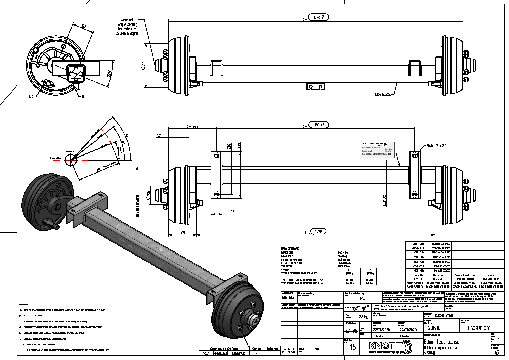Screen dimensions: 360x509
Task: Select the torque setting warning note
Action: [x=126, y=27]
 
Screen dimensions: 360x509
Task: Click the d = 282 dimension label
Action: [x=192, y=126]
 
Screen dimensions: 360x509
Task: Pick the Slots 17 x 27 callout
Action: [x=436, y=146]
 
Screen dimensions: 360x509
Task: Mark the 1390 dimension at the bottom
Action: [x=318, y=231]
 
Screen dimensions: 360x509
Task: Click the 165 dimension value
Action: [x=182, y=233]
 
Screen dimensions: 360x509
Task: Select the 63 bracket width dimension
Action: [x=232, y=212]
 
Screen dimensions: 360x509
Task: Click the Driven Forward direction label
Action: [x=137, y=206]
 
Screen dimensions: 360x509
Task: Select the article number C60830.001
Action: [x=479, y=328]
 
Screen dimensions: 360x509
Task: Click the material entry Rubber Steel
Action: [x=444, y=316]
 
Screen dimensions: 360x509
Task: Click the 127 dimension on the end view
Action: [x=84, y=27]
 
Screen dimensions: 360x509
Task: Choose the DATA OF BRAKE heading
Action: [x=290, y=249]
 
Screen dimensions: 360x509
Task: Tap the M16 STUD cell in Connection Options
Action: [x=238, y=354]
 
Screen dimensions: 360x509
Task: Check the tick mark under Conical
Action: [x=257, y=354]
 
